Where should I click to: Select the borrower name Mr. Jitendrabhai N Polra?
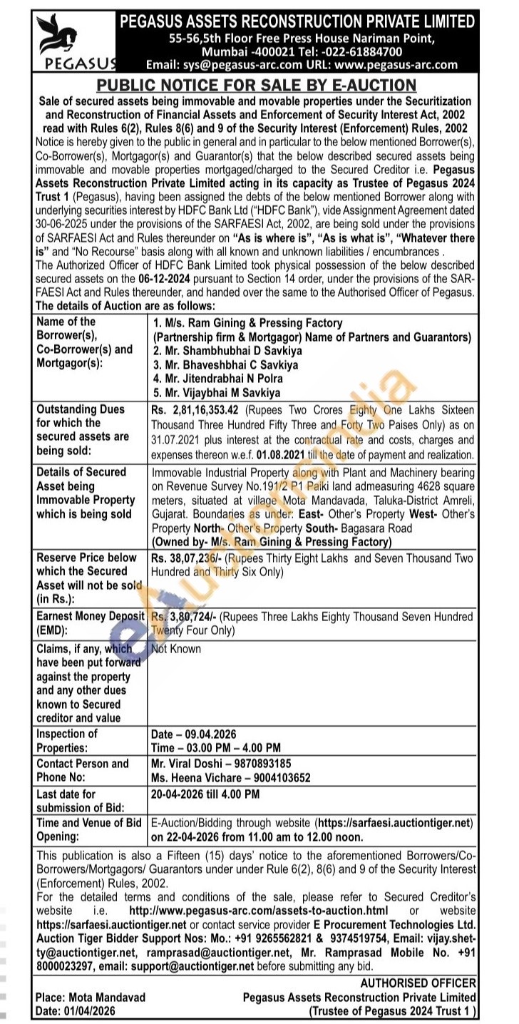217,379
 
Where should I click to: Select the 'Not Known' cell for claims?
176,649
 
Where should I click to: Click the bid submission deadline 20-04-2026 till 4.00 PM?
205,794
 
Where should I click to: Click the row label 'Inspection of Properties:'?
67,741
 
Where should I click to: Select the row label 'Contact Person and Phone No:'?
83,770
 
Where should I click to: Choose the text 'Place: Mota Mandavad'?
91,998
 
